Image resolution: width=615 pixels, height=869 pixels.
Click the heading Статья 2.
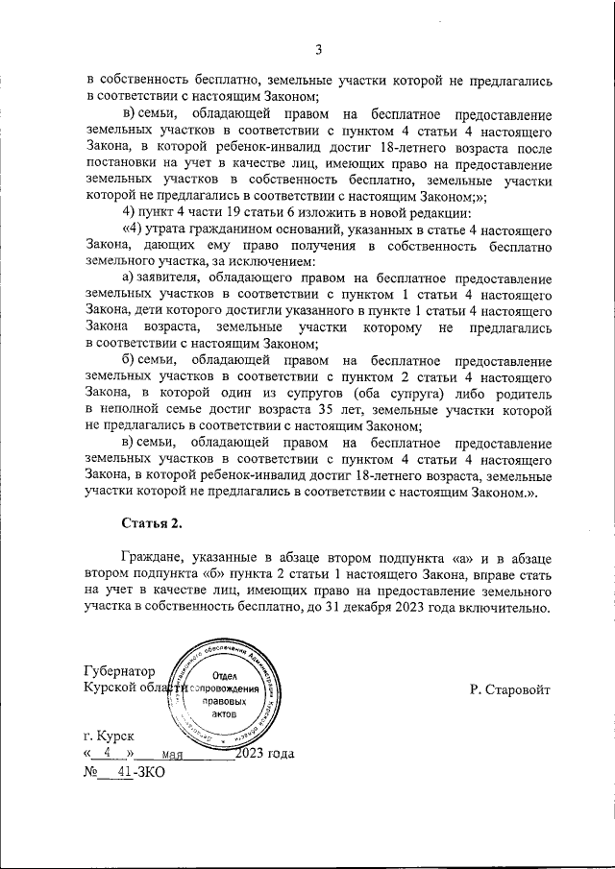point(152,523)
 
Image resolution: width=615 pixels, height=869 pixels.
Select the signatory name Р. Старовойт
point(509,689)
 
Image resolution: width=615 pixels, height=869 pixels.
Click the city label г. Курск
point(109,736)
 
